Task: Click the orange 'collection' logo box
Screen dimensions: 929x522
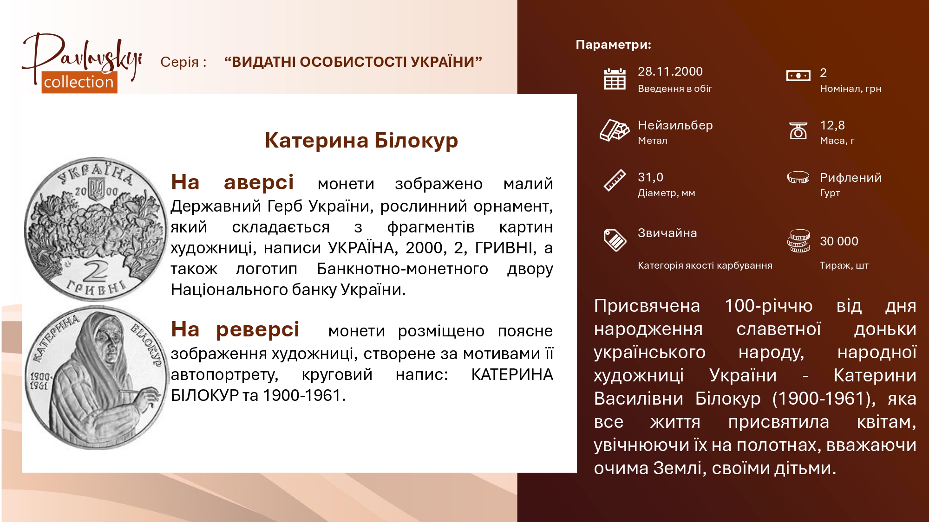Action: click(79, 82)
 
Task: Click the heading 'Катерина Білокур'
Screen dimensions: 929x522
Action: click(361, 141)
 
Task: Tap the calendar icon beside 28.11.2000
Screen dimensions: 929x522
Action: click(615, 79)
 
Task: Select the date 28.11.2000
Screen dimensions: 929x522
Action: click(670, 71)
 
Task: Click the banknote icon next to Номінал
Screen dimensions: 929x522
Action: click(798, 76)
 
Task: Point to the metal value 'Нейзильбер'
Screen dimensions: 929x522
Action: click(675, 125)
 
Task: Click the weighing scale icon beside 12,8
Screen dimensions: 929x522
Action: click(798, 131)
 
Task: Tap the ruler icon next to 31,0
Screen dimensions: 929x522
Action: click(615, 180)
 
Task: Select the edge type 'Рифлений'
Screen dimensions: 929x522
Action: click(850, 178)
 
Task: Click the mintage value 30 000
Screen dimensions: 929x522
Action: click(839, 241)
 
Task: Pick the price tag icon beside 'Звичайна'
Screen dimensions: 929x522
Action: click(615, 240)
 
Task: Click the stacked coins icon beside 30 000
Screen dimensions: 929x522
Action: click(798, 241)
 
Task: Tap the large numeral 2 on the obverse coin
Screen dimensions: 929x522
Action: click(96, 271)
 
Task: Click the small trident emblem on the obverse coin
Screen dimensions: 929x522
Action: click(97, 190)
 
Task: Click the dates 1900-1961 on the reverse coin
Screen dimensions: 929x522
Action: click(40, 380)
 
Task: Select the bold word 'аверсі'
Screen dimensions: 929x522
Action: click(259, 182)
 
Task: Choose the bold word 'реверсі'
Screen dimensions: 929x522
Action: click(258, 329)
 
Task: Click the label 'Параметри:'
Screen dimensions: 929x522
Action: click(614, 45)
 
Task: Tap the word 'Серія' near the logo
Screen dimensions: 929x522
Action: click(179, 62)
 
